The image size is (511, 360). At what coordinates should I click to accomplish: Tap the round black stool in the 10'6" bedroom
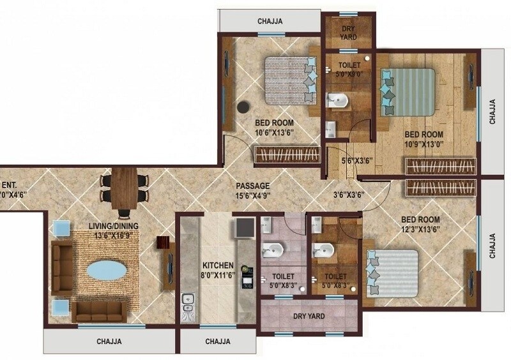(244, 109)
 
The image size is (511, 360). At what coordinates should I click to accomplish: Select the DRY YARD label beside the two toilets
(309, 316)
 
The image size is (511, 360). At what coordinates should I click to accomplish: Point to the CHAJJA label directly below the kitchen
(218, 341)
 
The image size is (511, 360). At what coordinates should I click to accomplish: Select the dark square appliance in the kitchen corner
(244, 229)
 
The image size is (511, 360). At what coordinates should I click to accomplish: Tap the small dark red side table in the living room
(162, 244)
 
